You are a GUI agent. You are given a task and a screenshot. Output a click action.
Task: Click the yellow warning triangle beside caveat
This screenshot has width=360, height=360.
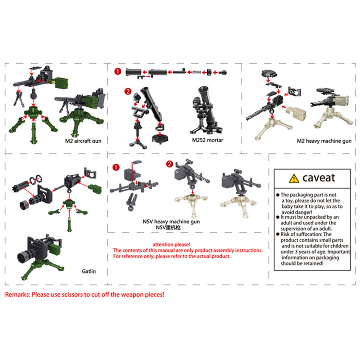coord(294,179)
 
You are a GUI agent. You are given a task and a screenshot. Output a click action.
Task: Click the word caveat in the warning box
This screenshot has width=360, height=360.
coord(319,178)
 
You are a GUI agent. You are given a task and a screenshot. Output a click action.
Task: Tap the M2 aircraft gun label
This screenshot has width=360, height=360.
coord(83,141)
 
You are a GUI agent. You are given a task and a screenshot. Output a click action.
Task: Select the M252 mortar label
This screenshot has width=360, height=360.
coord(208,140)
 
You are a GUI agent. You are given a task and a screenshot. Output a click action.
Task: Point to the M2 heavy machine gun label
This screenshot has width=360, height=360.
coord(324,141)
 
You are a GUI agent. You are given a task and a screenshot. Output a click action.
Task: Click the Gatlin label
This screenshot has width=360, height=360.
coord(89,271)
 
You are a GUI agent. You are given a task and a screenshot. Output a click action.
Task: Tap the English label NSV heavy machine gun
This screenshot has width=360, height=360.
coord(171,222)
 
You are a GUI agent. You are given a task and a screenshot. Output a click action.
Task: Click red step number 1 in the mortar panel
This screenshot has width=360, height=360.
coord(118,71)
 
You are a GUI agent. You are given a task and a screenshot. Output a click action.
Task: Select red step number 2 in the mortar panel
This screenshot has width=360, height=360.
coord(128,91)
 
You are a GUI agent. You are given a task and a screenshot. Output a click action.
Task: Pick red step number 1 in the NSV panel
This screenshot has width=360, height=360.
coord(116,167)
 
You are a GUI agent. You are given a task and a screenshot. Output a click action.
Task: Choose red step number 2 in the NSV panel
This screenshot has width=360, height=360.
coord(170,164)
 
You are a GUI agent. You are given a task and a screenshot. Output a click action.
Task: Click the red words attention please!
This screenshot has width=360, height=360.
coord(171,245)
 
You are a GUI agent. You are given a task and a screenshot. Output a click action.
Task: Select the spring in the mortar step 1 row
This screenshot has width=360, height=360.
coord(196,72)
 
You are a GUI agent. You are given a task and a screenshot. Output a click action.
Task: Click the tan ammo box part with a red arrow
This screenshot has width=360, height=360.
coord(296,113)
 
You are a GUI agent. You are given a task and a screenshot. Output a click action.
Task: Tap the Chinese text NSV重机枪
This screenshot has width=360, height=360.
coord(168,227)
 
